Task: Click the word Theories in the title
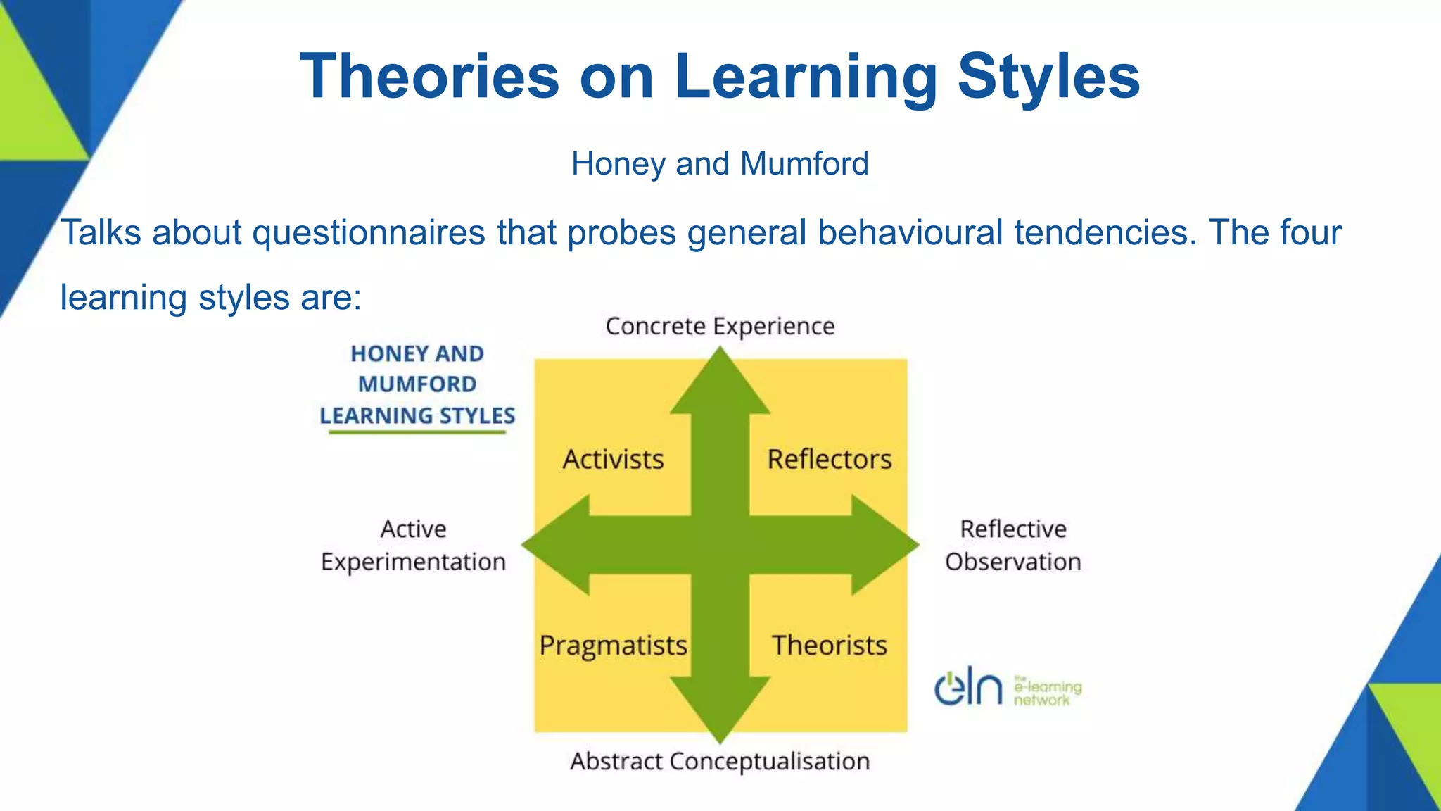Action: coord(429,76)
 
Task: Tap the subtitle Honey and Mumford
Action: coord(720,164)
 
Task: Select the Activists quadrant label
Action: coord(613,459)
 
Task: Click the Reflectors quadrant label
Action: coord(829,459)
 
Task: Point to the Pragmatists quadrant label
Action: coord(613,645)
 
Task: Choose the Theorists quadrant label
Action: coord(829,645)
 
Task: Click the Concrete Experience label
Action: coord(720,327)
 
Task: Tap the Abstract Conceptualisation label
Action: coord(720,761)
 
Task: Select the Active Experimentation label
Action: coord(413,545)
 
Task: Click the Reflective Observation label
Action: coord(1012,545)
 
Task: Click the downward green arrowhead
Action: coord(720,708)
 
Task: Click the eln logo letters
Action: coord(968,689)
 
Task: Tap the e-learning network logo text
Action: coord(1047,692)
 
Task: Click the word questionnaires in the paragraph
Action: coord(369,233)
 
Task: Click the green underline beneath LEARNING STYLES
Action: coord(417,432)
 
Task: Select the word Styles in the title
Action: coord(1048,76)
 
